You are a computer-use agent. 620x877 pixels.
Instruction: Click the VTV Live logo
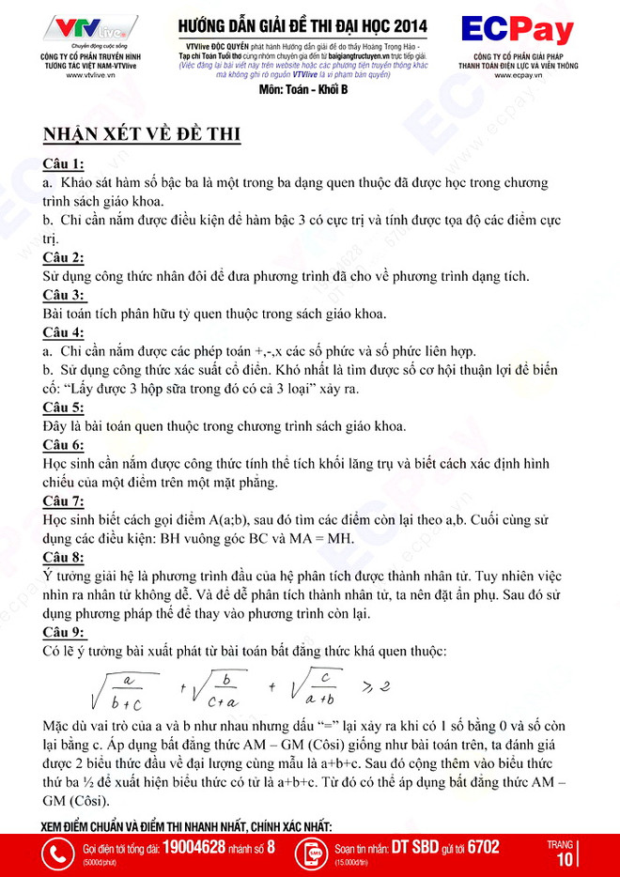pos(91,27)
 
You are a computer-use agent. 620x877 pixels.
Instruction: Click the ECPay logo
pos(517,31)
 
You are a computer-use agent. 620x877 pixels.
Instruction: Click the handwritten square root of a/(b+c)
pos(119,685)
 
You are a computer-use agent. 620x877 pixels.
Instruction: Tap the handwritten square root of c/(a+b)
pos(317,685)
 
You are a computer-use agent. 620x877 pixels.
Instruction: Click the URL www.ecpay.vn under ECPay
pos(517,75)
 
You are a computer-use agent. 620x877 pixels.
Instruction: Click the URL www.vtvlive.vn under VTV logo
pos(91,75)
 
